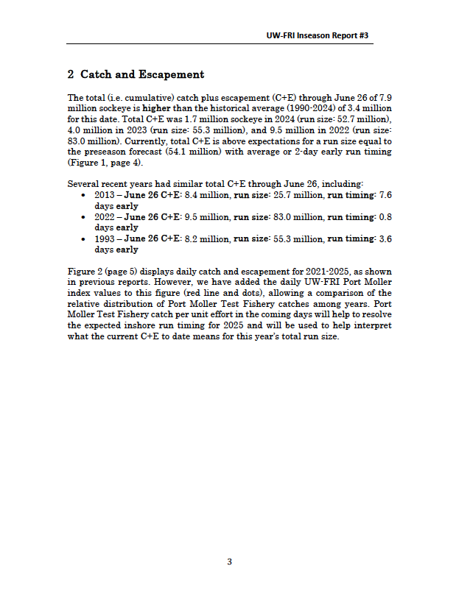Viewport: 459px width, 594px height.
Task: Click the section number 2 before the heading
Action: (70, 75)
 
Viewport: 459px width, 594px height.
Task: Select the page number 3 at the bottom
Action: (229, 562)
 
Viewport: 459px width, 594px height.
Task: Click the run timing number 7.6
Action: (385, 195)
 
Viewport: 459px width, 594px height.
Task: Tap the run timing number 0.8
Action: (385, 217)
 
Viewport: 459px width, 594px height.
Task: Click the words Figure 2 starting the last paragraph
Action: (85, 272)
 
